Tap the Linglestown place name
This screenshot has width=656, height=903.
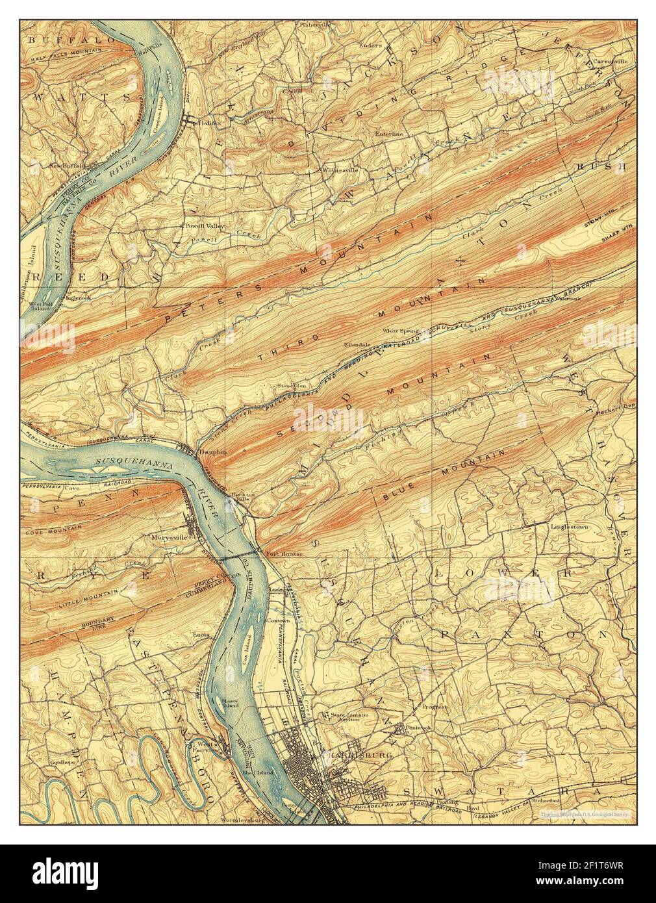point(570,527)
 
